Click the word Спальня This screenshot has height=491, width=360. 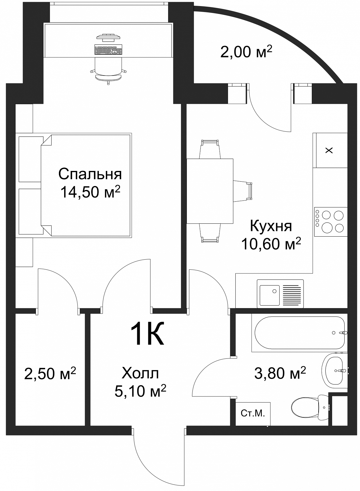(90, 175)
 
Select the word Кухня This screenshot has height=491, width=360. (271, 226)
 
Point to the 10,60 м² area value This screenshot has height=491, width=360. (271, 244)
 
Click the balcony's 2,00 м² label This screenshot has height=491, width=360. (246, 52)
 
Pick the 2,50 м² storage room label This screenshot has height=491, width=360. (50, 373)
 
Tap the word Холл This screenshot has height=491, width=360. (140, 373)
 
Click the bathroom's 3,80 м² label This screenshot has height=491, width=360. (280, 373)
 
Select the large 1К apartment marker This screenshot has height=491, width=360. (147, 334)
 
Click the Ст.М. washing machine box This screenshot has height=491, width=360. (253, 414)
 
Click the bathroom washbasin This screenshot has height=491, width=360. (335, 370)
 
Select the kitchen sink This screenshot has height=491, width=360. (280, 294)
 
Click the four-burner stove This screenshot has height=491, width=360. (331, 222)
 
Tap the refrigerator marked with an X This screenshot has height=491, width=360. (330, 150)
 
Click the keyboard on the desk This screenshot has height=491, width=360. (108, 49)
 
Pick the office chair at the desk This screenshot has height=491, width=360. (108, 70)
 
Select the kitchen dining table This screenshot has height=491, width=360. (210, 191)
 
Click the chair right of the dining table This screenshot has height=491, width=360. (243, 191)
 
